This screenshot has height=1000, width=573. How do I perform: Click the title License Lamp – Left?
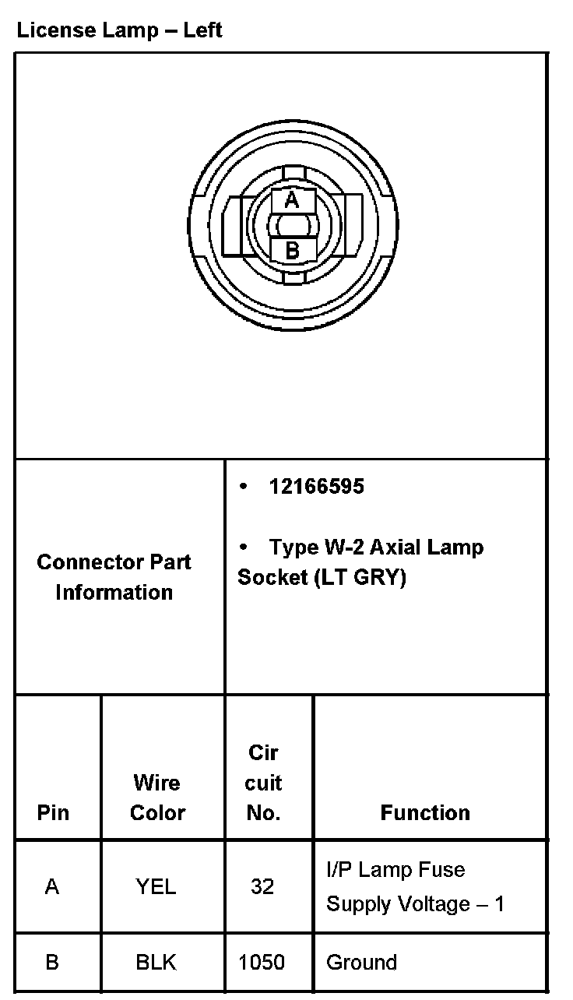coord(119,31)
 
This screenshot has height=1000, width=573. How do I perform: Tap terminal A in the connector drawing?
coord(291,200)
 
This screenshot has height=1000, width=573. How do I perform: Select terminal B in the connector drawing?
coord(292,251)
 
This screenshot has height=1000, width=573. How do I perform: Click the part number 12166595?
coord(316,487)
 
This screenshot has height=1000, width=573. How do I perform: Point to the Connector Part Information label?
coord(114,577)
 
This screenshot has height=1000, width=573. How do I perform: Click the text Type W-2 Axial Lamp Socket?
coord(360,562)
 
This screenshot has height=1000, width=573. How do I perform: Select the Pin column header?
coord(53,812)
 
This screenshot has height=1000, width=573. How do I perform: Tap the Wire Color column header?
coord(157,798)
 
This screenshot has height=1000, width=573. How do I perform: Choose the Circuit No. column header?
coord(263,783)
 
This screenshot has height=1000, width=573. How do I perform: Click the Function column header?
coord(425,812)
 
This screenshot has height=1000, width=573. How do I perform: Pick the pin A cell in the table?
coord(52,887)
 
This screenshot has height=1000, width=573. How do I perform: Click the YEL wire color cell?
coord(156,887)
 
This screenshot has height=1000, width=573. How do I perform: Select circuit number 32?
coord(262,887)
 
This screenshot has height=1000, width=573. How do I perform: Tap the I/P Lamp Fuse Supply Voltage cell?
coord(415,887)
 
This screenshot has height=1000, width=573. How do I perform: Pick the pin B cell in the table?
coord(52,963)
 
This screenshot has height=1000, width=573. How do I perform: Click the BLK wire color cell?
coord(156,963)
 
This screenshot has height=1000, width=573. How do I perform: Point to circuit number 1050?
coord(262,963)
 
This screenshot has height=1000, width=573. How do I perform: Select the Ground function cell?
coord(361,963)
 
